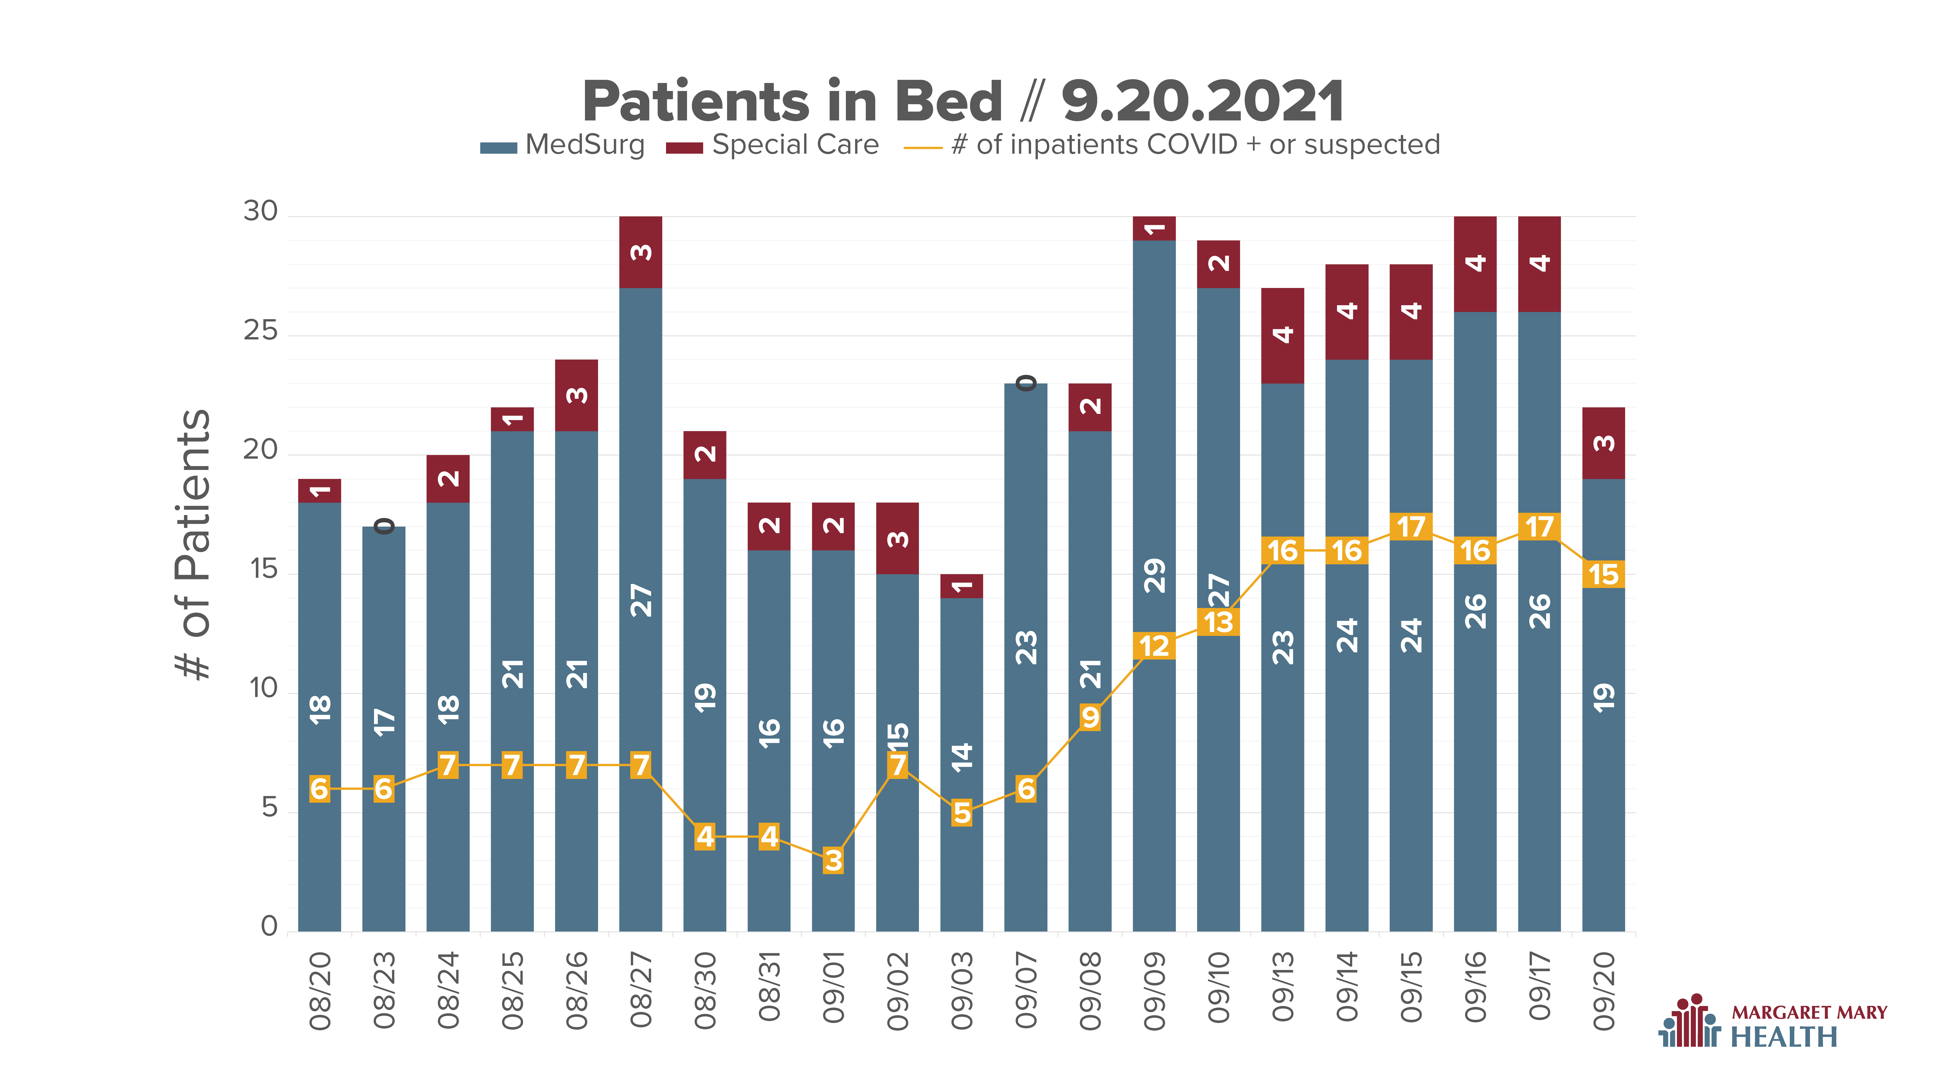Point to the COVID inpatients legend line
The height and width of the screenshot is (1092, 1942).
[923, 148]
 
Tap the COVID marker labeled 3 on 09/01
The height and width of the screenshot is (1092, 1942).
[833, 860]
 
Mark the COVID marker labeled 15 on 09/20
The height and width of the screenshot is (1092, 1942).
[1603, 574]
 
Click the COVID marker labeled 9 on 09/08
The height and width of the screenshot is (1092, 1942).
[1090, 717]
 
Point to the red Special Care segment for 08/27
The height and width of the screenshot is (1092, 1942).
[641, 252]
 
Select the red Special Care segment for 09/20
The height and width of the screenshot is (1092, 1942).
[1603, 443]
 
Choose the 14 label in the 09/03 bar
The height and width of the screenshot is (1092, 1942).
[962, 757]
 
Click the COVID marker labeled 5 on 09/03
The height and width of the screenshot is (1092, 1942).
[962, 813]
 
